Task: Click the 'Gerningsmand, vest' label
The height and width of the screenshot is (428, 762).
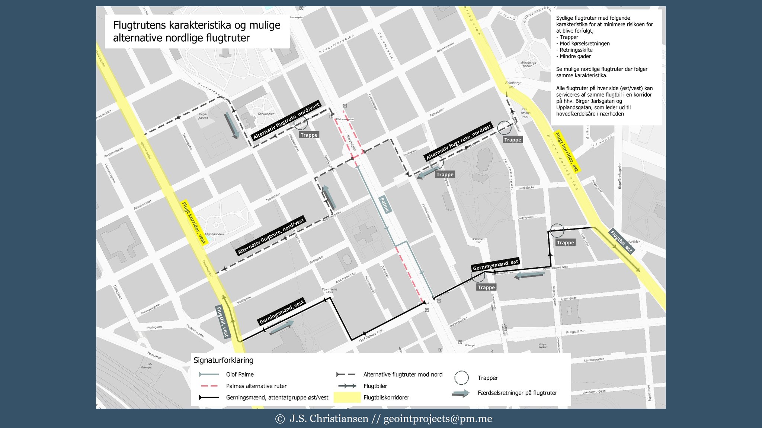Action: (x=282, y=311)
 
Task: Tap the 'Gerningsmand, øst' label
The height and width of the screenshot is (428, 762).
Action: (x=495, y=265)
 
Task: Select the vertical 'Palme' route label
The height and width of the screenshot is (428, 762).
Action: (x=385, y=205)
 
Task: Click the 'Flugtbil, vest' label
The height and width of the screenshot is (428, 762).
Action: (x=222, y=322)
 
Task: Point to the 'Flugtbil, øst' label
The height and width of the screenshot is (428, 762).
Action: (x=621, y=241)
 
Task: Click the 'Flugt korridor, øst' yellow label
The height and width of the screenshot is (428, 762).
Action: (x=567, y=152)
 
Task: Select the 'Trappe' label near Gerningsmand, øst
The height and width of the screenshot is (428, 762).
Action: (x=486, y=287)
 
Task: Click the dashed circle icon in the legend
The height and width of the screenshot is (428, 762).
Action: (x=461, y=377)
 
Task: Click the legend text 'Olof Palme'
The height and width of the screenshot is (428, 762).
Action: (x=240, y=374)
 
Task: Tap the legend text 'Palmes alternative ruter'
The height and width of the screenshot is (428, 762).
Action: (x=256, y=386)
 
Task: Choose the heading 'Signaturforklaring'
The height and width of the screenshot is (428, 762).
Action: (x=223, y=360)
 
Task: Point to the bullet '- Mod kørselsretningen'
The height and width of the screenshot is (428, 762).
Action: (x=583, y=43)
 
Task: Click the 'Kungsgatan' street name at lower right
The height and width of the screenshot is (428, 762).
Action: (x=575, y=331)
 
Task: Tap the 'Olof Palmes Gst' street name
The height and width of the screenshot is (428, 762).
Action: (x=371, y=336)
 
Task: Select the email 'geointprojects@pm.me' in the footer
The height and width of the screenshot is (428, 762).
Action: (x=438, y=419)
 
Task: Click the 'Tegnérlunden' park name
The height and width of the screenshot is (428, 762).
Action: (x=214, y=234)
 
